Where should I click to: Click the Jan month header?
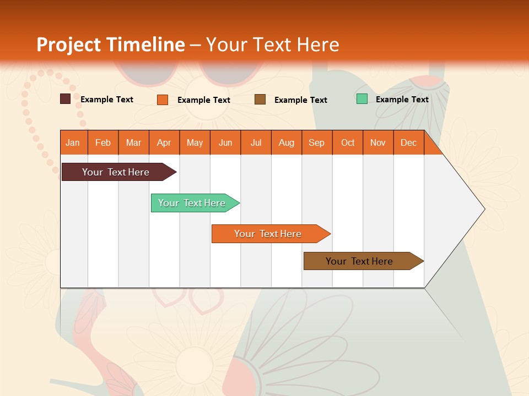coord(73,142)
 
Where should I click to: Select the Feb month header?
coord(103,142)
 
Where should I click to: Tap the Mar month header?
coord(133,142)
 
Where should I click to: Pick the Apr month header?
coord(164,142)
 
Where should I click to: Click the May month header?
coord(195,142)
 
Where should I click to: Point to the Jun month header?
coord(225,142)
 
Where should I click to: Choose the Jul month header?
coord(256,142)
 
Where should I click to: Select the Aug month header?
coord(287,142)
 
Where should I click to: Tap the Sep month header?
coord(317,142)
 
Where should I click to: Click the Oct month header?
coord(348,142)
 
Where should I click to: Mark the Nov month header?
coord(378,142)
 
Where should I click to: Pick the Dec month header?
coord(409,142)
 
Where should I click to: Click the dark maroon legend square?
coord(65,99)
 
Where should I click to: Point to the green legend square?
coord(362,99)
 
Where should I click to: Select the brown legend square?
coord(260,99)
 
